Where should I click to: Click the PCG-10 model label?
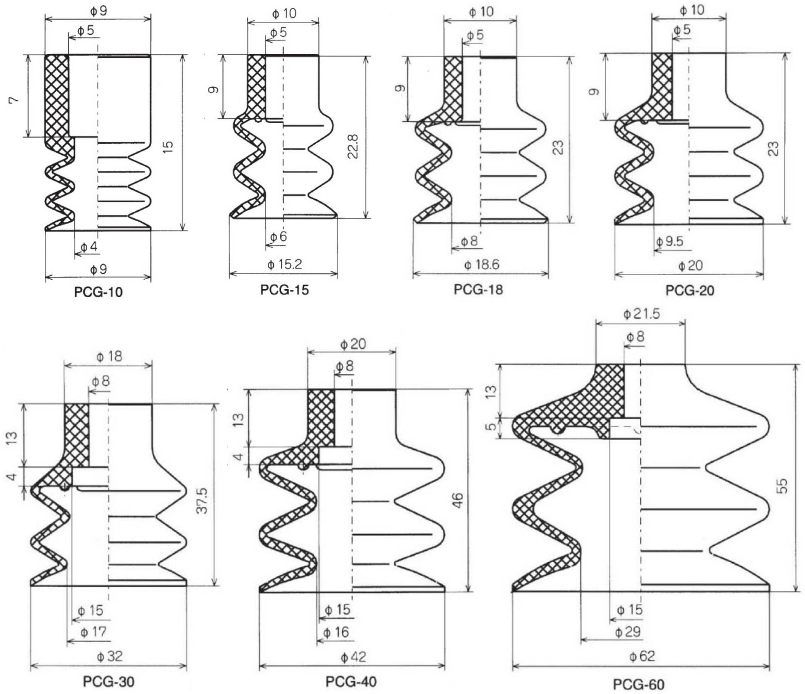(x=99, y=292)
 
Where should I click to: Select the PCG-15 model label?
(x=284, y=290)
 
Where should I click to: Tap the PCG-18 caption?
(x=478, y=289)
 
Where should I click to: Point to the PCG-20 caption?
(x=690, y=290)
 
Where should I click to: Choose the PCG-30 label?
(x=109, y=682)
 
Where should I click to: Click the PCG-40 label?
(x=351, y=682)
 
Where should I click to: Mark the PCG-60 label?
(x=639, y=684)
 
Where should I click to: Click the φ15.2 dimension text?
(x=284, y=264)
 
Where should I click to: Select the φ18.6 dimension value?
(x=482, y=264)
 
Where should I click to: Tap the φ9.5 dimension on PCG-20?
(x=670, y=241)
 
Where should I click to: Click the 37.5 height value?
(x=202, y=501)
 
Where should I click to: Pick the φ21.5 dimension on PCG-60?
(x=641, y=314)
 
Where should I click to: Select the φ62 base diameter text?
(x=642, y=656)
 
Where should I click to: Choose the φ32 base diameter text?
(x=110, y=656)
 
